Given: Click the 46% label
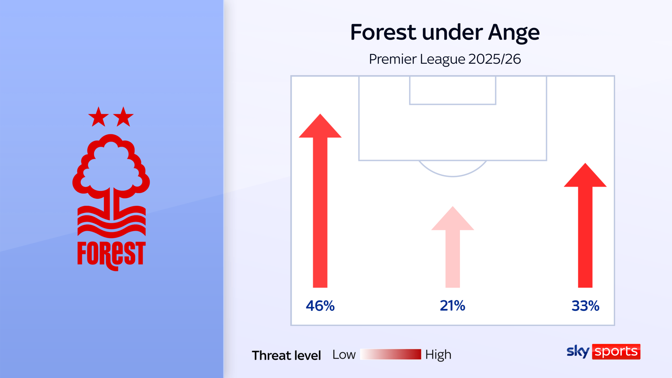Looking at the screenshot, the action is pos(320,306).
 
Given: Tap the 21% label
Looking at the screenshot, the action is pos(453,306).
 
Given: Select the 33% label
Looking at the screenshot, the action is pos(585,306).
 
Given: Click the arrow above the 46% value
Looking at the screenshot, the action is pos(320,201).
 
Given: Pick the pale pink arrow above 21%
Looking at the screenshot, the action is pos(453,247).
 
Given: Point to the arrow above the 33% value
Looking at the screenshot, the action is pos(585,225).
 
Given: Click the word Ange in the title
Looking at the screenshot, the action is pos(514,32).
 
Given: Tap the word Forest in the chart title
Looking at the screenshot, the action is pos(383,32).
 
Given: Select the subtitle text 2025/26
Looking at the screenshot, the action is pos(495,59).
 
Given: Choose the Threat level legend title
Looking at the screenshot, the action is pos(286,355).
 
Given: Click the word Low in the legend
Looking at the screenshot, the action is pos(344,355).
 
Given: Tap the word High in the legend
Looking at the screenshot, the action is pos(438,355).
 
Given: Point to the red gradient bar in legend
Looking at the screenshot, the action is pos(391,354).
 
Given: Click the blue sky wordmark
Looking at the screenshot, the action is pos(578,352).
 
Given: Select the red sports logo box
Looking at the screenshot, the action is pos(616,352).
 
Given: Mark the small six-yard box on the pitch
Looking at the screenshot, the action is pos(453,104).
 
